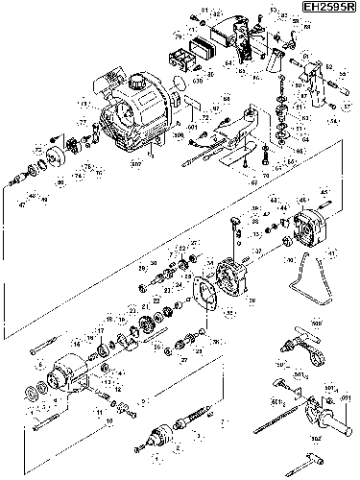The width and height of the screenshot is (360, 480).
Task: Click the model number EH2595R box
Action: coord(327,8)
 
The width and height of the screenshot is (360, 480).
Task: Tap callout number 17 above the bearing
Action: coord(99,329)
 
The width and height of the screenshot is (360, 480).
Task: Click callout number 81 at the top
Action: coord(204,11)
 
